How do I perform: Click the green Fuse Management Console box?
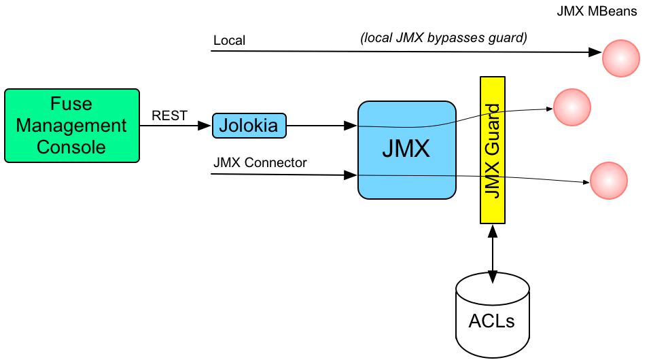pos(71,126)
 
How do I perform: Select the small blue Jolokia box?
pos(249,126)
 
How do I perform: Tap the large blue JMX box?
pos(406,149)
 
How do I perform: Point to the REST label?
pos(169,115)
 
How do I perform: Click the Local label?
pos(229,41)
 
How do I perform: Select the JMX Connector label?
pos(260,162)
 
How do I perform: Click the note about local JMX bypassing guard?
pos(443,38)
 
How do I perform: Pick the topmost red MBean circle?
pos(620,58)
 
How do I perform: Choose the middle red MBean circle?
pos(572,106)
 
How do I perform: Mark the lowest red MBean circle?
pos(609,181)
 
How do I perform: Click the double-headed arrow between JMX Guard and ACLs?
pos(493,249)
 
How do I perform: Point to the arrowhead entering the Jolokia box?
pos(206,126)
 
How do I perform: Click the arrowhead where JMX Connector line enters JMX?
pos(352,175)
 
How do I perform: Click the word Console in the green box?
pos(71,146)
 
